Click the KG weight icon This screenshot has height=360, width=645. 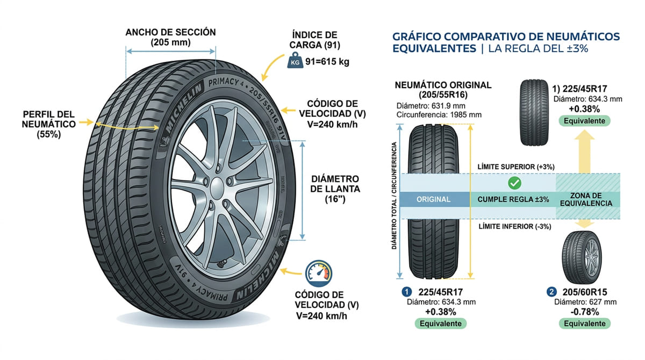click(295, 61)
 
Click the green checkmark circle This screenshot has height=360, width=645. click(514, 183)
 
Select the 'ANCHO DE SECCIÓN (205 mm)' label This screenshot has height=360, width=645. click(170, 37)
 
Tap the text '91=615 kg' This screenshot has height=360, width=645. click(327, 62)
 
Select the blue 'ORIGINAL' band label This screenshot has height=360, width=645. click(433, 199)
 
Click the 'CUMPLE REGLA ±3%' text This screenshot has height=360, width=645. click(513, 199)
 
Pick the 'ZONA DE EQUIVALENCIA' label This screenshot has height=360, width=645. click(586, 199)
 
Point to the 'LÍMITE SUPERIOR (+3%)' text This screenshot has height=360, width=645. click(515, 167)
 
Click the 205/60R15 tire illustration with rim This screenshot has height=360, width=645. click(583, 258)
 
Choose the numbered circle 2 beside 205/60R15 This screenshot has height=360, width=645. click(551, 292)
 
